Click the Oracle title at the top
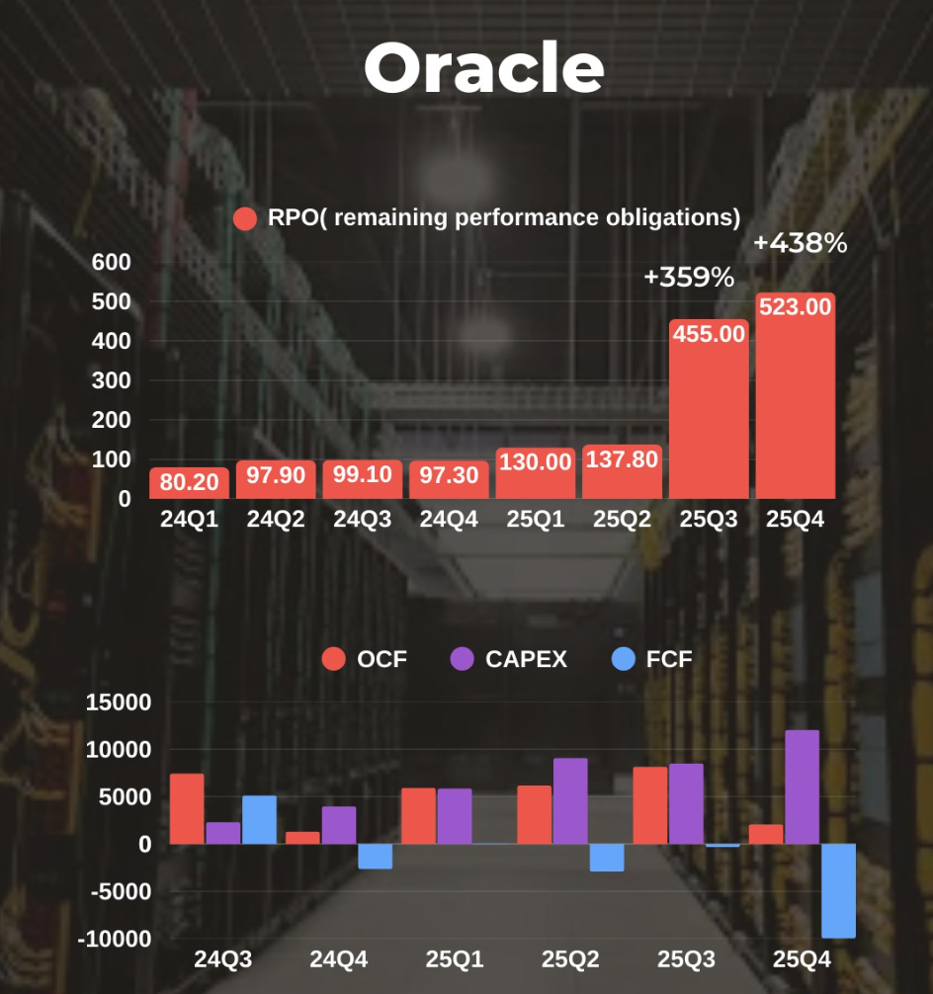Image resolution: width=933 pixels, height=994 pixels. pos(483,69)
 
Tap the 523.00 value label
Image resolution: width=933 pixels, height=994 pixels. pos(796,307)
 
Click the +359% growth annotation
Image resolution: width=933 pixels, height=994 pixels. pos(689,278)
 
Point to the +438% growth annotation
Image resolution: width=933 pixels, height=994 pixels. pos(800,243)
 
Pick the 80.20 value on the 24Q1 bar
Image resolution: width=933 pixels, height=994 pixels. pos(190,483)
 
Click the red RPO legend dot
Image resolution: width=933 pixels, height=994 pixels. pos(245,218)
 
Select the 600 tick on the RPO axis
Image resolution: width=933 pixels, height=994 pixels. pos(111,262)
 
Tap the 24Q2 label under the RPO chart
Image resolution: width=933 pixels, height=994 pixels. pos(276,519)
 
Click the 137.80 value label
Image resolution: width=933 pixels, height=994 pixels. pos(622,459)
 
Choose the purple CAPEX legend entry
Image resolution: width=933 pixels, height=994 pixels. pos(510,659)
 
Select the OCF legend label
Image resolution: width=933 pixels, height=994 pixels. pos(382,659)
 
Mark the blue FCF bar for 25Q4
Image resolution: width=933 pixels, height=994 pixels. pos(839,890)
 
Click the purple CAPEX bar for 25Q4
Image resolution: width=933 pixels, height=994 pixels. pos(803,787)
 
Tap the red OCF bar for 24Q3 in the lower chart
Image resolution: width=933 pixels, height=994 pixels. pos(187,809)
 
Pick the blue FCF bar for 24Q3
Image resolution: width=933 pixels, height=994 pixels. pos(259,820)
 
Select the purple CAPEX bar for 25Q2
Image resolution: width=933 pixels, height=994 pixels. pos(570,801)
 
